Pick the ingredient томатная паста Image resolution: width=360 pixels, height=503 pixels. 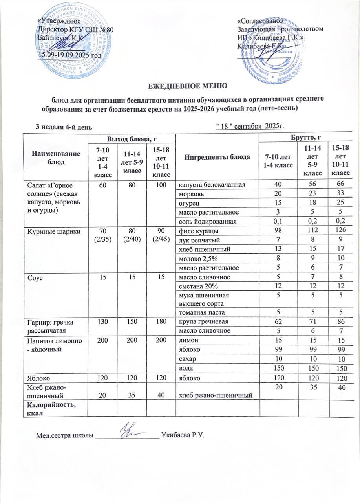(199, 312)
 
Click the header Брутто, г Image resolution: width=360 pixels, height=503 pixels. (307, 138)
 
